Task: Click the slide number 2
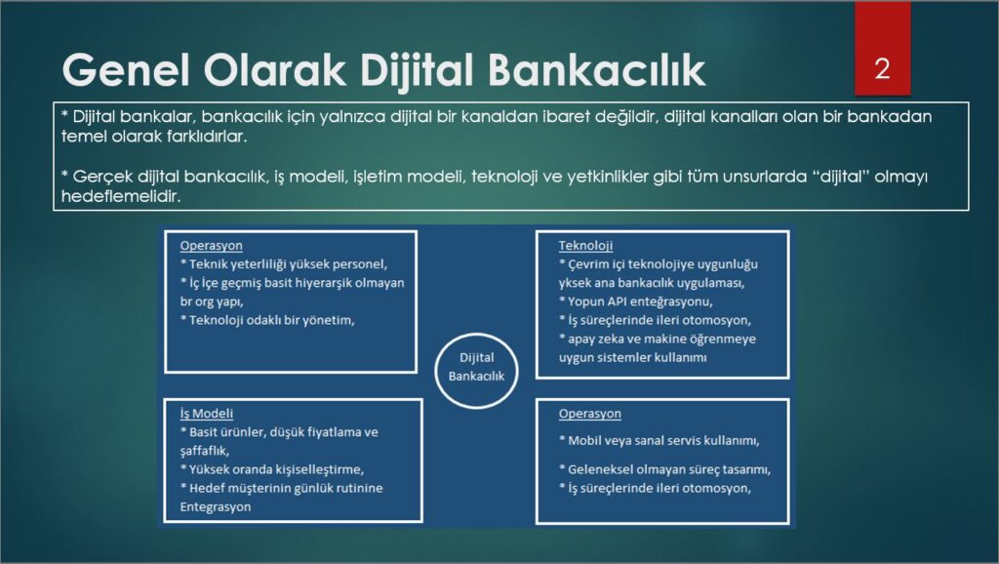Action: coord(882,69)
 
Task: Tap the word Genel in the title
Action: coord(126,69)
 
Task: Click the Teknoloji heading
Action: coord(585,245)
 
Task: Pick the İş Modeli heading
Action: coord(207,414)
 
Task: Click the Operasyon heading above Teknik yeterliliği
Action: coord(211,245)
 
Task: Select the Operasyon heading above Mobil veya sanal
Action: coord(590,414)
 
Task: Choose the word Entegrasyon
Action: coord(216,507)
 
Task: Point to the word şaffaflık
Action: coord(205,451)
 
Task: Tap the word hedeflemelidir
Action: coord(121,196)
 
